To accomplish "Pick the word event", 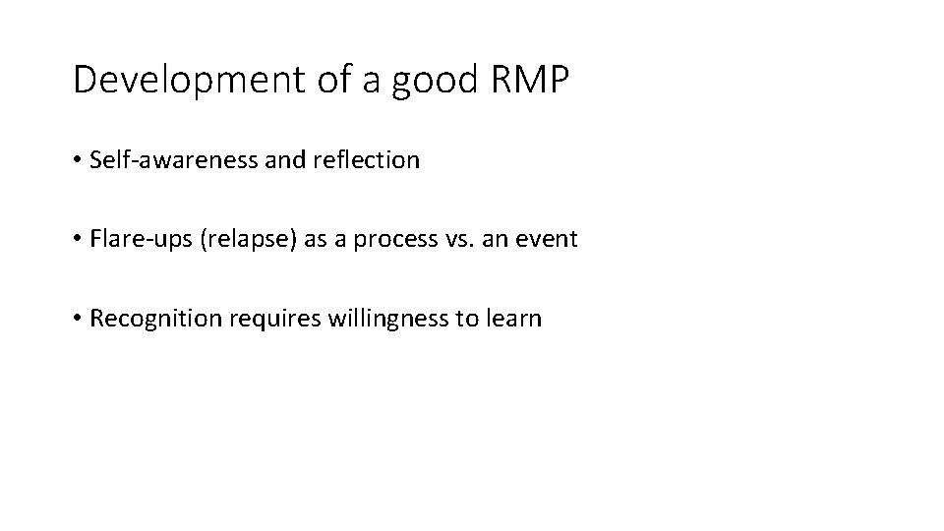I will (547, 239).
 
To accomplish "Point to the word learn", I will (514, 319).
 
